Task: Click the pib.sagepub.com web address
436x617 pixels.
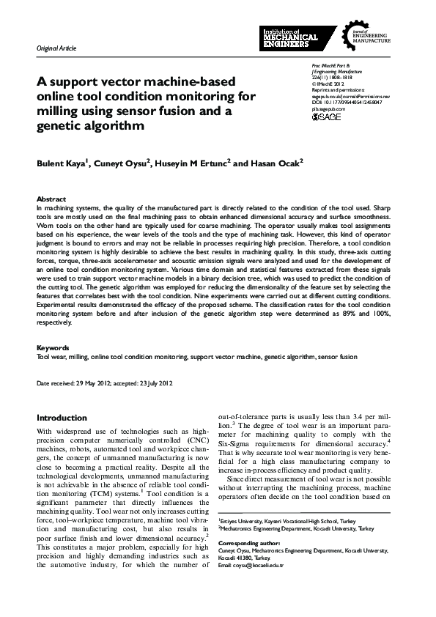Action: pyautogui.click(x=328, y=108)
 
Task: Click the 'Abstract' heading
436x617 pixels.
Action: pyautogui.click(x=51, y=199)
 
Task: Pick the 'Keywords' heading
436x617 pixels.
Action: pyautogui.click(x=53, y=347)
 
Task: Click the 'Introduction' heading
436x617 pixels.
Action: pyautogui.click(x=62, y=418)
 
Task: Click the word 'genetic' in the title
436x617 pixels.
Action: pyautogui.click(x=62, y=125)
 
